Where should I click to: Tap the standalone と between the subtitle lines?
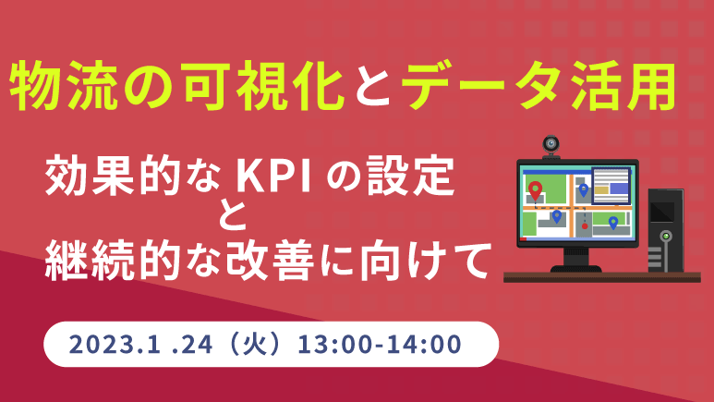[x=232, y=214]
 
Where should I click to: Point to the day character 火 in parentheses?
[x=255, y=344]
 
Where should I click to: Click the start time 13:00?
[x=334, y=345]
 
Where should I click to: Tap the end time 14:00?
[x=424, y=345]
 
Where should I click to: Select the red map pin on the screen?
[x=535, y=190]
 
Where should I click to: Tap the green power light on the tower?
[x=666, y=236]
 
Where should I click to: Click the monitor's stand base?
[x=576, y=268]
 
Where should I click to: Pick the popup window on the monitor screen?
[x=611, y=186]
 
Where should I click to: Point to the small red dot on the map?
[x=585, y=226]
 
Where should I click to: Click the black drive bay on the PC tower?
[x=662, y=212]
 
